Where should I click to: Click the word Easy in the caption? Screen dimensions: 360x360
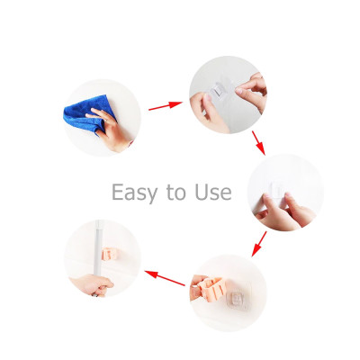click(134, 193)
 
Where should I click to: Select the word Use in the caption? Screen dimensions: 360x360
click(213, 192)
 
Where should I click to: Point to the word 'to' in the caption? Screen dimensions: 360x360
click(176, 193)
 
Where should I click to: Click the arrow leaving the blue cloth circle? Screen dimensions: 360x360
click(166, 105)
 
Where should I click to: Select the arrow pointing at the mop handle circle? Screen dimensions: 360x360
click(165, 278)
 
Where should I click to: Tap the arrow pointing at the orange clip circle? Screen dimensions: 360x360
click(259, 244)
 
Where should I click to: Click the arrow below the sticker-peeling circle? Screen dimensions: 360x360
click(258, 143)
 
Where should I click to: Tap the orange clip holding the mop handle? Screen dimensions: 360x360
click(109, 254)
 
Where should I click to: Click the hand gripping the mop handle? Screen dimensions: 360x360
click(92, 284)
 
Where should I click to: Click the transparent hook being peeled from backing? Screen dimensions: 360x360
click(219, 90)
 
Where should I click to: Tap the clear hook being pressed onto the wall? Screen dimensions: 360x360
click(277, 189)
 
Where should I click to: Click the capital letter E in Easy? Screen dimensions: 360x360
click(117, 192)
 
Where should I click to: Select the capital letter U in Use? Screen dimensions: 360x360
click(202, 192)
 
